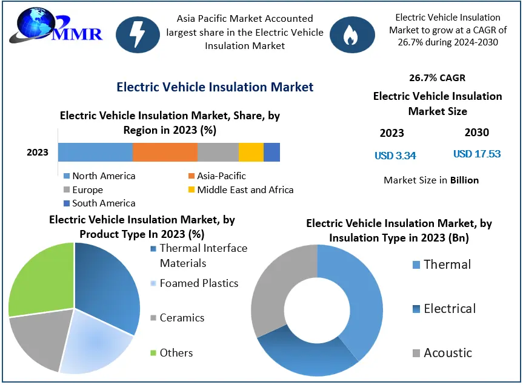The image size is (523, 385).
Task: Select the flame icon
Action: tap(350, 35)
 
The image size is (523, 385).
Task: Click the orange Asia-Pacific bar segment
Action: tap(165, 152)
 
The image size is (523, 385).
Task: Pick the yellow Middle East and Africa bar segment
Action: tap(251, 152)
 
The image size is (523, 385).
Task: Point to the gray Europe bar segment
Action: tap(218, 152)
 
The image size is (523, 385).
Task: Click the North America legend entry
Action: tap(99, 176)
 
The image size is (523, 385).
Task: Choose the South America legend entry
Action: tap(99, 203)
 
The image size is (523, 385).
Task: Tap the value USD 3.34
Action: tap(395, 156)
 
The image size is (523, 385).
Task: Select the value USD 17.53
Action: tap(477, 154)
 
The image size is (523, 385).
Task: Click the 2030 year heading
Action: tap(477, 133)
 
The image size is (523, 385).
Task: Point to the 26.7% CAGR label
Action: tap(437, 77)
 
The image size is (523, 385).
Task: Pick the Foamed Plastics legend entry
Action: tap(194, 283)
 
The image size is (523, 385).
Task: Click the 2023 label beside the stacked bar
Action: tap(38, 152)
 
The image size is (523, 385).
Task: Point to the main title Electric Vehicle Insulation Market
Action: tap(215, 87)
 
